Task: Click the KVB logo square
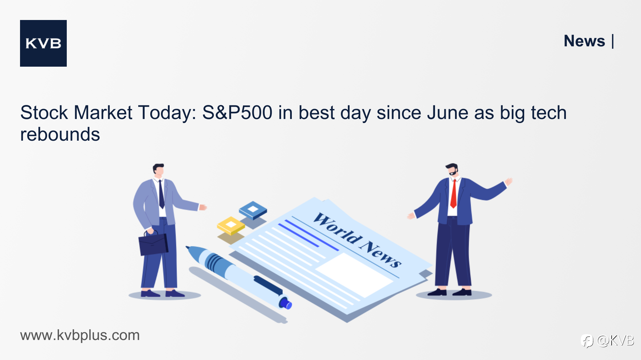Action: [43, 43]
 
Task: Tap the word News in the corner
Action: [584, 41]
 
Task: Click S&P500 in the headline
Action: [237, 113]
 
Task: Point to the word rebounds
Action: [60, 134]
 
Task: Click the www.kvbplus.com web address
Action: [80, 335]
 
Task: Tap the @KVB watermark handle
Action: [615, 340]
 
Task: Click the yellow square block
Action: [231, 225]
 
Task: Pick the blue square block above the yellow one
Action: [253, 210]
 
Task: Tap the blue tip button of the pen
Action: [285, 303]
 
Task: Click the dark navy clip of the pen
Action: [268, 285]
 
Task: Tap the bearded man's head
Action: [452, 170]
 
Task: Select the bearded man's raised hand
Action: [508, 182]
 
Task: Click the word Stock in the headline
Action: [44, 113]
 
